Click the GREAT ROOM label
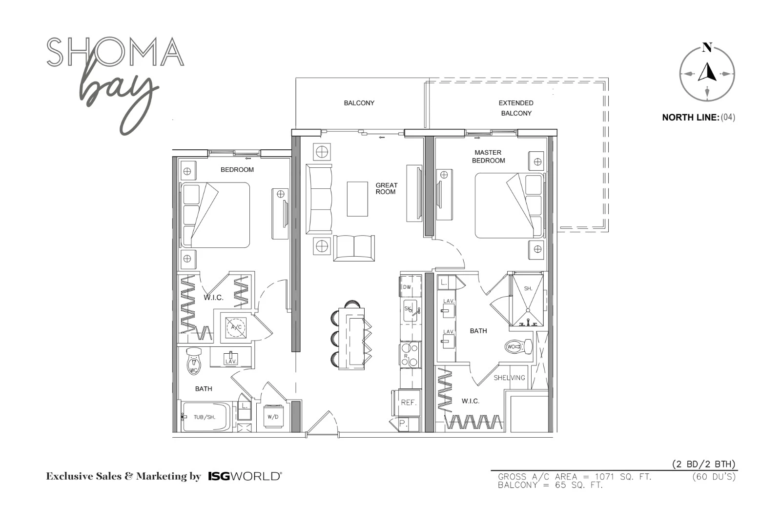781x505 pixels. pyautogui.click(x=386, y=188)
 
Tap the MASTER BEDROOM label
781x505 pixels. pyautogui.click(x=488, y=157)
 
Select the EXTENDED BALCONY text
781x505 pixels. pyautogui.click(x=516, y=108)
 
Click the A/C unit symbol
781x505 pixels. pyautogui.click(x=236, y=327)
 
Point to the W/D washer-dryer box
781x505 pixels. pyautogui.click(x=273, y=417)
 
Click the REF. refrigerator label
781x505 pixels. pyautogui.click(x=409, y=403)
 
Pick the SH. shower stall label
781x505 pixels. pyautogui.click(x=528, y=288)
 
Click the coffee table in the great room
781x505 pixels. pyautogui.click(x=357, y=199)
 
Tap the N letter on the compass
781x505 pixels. pyautogui.click(x=707, y=47)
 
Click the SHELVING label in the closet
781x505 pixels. pyautogui.click(x=510, y=378)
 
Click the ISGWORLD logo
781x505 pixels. pyautogui.click(x=245, y=476)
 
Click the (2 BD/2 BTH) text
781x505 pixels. pyautogui.click(x=703, y=464)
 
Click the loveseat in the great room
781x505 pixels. pyautogui.click(x=354, y=248)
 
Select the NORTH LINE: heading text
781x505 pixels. pyautogui.click(x=691, y=118)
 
